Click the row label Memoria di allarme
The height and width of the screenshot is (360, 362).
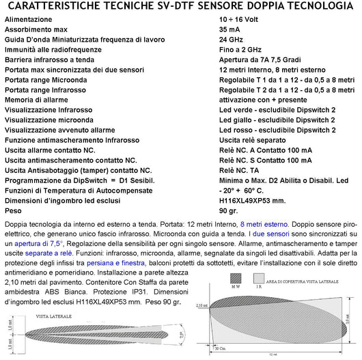(40, 100)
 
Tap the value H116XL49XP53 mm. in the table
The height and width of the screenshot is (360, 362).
(254, 199)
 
